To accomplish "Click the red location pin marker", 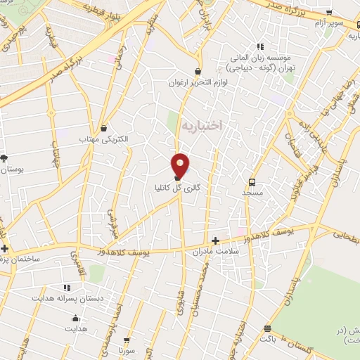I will [x=181, y=165].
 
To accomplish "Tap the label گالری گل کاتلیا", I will [x=179, y=188].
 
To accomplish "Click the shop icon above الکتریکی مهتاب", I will [x=105, y=128].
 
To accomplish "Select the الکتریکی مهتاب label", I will [x=104, y=139].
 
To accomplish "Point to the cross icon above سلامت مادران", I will [x=215, y=240].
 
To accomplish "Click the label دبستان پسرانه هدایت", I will [x=67, y=298].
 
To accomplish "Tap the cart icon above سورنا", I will [x=127, y=339].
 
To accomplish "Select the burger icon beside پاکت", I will [x=267, y=328].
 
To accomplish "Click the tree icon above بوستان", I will [x=4, y=159].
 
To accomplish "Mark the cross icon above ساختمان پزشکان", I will [x=5, y=248].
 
